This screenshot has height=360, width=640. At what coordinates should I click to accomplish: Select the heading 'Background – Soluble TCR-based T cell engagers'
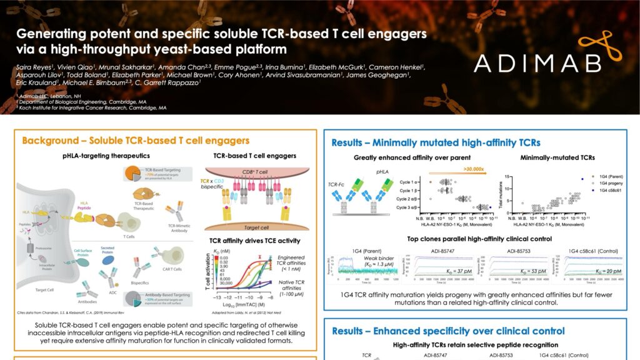tap(136, 141)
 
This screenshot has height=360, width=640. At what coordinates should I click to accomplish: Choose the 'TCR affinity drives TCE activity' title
tap(255, 240)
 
